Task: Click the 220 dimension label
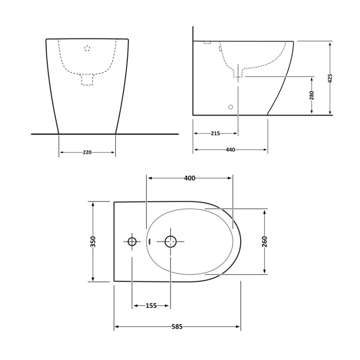(x=87, y=152)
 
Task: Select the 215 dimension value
(x=216, y=133)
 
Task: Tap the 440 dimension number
(x=230, y=150)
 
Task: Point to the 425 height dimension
(x=330, y=78)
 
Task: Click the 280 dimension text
(x=311, y=95)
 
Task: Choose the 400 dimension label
(x=190, y=178)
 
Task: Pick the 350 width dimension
(x=93, y=242)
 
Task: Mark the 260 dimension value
(x=265, y=242)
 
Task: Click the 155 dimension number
(x=151, y=306)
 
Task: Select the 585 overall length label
(x=177, y=327)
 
